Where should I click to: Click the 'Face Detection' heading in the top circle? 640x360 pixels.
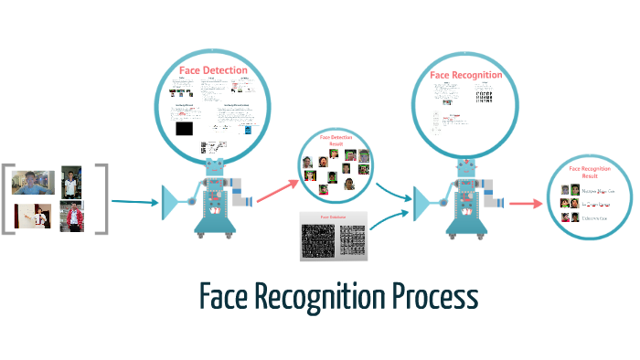[211, 69]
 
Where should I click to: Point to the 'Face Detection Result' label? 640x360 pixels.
[335, 141]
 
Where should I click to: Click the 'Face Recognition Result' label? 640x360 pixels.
[590, 172]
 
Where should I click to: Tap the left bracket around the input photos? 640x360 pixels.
[8, 198]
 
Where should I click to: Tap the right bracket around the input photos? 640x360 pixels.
[103, 198]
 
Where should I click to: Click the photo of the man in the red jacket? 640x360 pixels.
[71, 217]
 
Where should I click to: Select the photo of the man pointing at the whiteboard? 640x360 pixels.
[31, 216]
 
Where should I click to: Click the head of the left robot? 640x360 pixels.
[213, 168]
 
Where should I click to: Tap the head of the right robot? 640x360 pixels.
[464, 168]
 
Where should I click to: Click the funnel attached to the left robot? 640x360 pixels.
[173, 201]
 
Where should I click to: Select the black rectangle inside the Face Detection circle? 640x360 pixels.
[184, 129]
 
